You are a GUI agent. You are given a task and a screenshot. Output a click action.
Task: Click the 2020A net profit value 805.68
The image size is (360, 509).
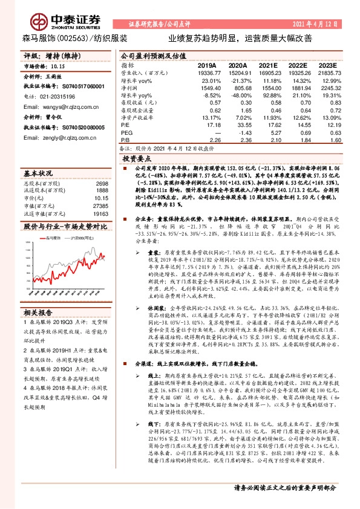coord(238,88)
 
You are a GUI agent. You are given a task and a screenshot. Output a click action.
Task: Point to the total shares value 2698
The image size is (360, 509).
coord(102,183)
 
